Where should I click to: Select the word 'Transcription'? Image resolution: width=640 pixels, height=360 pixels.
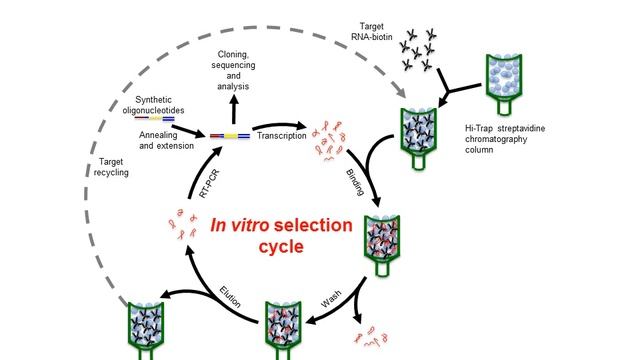tap(281, 136)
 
